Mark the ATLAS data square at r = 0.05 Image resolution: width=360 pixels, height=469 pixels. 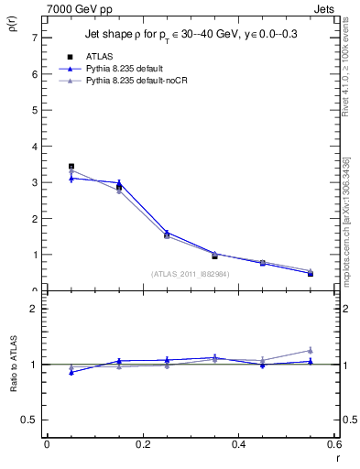click(x=71, y=167)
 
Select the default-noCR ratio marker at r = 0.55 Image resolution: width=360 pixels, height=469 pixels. click(x=311, y=350)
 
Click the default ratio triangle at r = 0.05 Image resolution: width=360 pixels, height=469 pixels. click(x=71, y=372)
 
